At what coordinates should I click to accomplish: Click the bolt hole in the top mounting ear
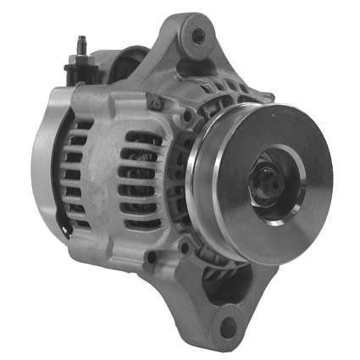(198, 36)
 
